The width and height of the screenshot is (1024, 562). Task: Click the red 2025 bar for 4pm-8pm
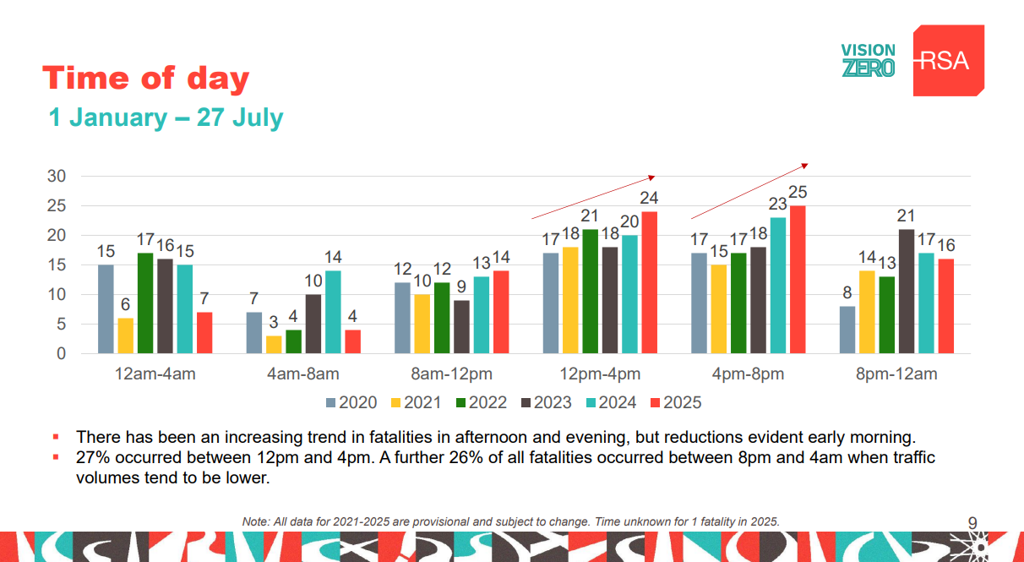click(x=797, y=280)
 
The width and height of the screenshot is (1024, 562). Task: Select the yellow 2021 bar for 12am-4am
click(x=125, y=336)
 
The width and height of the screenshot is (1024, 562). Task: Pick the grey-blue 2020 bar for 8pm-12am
click(x=847, y=330)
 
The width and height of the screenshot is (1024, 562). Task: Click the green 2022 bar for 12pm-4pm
click(x=589, y=292)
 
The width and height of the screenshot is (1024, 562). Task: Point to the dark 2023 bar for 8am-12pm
click(x=461, y=327)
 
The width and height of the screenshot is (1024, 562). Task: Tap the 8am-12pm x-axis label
click(x=453, y=374)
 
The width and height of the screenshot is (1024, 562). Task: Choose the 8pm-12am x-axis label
click(x=896, y=374)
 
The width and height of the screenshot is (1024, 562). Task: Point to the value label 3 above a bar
click(x=274, y=323)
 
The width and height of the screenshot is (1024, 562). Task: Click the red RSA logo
click(x=948, y=60)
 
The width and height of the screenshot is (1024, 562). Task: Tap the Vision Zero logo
click(x=868, y=60)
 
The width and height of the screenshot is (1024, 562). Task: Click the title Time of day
click(x=146, y=79)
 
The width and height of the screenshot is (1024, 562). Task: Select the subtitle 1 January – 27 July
click(x=166, y=117)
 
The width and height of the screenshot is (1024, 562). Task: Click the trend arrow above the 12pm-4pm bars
click(x=593, y=196)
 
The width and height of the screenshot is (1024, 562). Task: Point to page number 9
click(x=972, y=521)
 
